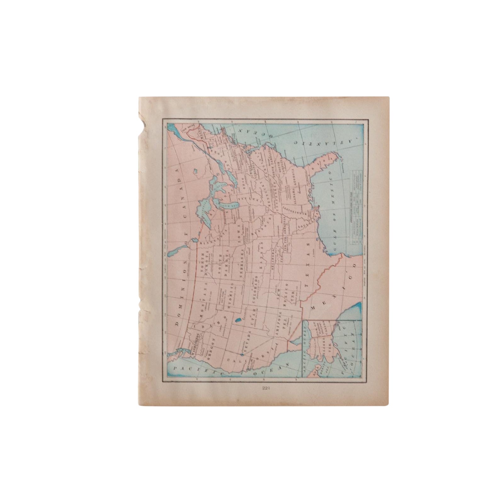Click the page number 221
(x=262, y=388)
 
